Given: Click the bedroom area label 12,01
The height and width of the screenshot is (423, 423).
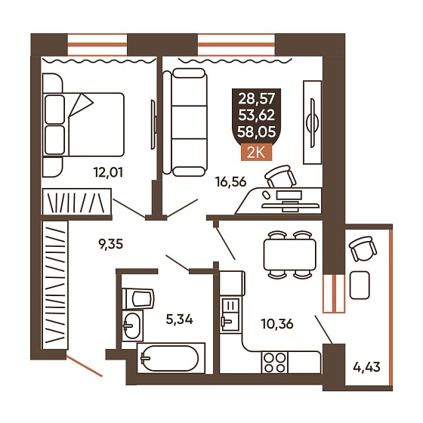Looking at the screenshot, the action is (x=108, y=172).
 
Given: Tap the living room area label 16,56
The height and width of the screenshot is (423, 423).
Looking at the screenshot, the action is (x=231, y=182).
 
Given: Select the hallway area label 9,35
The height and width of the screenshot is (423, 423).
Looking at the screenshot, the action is (x=110, y=245).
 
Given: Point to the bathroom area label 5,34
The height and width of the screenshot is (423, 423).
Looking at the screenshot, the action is (x=180, y=320).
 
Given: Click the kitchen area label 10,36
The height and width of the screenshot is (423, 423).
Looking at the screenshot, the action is (x=277, y=324).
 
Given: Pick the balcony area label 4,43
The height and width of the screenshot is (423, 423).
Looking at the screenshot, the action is (x=366, y=367).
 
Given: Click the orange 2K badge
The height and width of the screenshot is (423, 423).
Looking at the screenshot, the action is (x=256, y=153).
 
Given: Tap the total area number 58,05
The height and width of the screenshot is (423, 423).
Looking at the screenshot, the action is (x=257, y=132).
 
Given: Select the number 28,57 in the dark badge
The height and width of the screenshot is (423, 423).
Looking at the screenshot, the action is (x=257, y=99).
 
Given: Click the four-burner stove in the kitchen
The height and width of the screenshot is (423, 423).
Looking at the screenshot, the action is (x=275, y=363).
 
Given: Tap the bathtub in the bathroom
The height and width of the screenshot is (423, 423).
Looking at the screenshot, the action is (x=171, y=358).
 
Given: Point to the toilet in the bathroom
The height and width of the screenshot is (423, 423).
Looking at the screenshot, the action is (x=137, y=298).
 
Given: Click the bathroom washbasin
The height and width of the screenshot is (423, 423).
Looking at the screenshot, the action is (x=132, y=325).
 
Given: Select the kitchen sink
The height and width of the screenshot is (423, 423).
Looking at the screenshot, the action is (x=230, y=314).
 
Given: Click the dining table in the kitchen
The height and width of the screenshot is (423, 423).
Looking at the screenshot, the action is (x=289, y=255).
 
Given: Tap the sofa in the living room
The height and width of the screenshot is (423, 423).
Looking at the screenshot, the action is (x=186, y=122).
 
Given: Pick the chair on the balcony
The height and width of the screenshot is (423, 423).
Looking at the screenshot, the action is (x=363, y=249).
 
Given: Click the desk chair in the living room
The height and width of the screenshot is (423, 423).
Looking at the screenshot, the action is (x=280, y=177).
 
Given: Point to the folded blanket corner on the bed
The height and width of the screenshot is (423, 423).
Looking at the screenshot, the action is (x=81, y=105).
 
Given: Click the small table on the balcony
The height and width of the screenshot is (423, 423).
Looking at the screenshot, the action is (x=360, y=285).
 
